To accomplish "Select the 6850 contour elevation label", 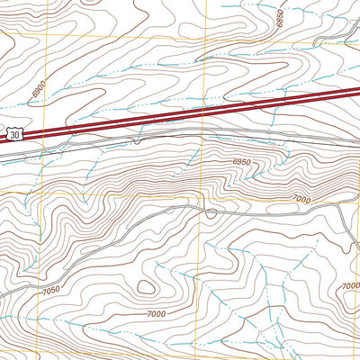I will pos(280,18).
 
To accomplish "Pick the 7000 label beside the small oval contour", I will pos(157,313).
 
